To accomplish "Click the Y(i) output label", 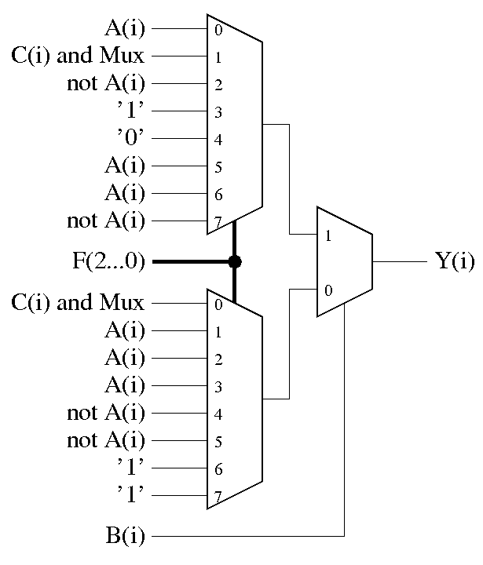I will [455, 261].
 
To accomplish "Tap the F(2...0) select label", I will [106, 261].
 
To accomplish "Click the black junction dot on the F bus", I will [234, 261].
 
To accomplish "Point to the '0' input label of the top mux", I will [131, 139].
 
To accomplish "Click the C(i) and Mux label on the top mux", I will [79, 56].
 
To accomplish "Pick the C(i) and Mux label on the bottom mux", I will [79, 303].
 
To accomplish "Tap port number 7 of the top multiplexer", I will [218, 223].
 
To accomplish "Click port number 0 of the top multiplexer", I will [218, 31].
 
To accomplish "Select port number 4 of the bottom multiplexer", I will [218, 414].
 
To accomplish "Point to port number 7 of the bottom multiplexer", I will [218, 498].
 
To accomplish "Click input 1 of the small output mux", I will [327, 235].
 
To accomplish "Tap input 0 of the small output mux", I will [327, 290].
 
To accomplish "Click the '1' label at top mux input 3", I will [131, 111].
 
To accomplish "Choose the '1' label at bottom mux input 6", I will [131, 468].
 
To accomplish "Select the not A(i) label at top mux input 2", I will [106, 84].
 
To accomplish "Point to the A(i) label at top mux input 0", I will [126, 29].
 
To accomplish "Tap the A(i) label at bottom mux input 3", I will [126, 385].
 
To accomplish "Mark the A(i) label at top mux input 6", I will [126, 193].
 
